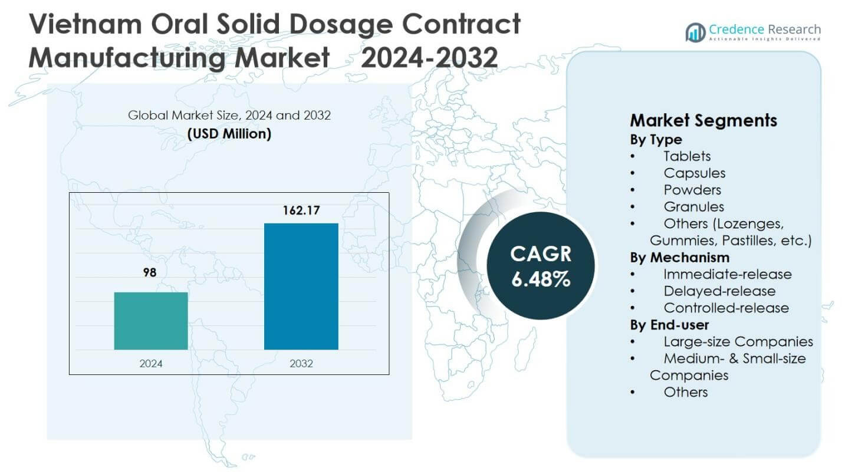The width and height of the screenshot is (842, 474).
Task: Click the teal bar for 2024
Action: tap(151, 321)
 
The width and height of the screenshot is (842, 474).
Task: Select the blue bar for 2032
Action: tap(301, 287)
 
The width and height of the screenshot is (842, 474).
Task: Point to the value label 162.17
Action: tap(301, 210)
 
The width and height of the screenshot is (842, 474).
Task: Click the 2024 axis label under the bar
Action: tap(151, 363)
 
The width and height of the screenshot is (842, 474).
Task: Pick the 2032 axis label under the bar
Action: tap(301, 363)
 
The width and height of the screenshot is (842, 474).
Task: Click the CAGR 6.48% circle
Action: tap(540, 266)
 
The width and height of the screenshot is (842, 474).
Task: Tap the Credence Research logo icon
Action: tap(696, 32)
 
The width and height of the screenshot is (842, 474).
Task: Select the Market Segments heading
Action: tap(703, 121)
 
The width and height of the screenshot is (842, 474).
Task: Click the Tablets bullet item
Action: tap(687, 156)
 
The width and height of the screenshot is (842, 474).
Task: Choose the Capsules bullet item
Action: tap(694, 173)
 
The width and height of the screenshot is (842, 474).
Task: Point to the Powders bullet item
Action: tap(692, 190)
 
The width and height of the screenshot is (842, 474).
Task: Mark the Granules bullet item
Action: tap(693, 207)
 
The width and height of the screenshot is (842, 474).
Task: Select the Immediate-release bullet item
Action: tap(728, 274)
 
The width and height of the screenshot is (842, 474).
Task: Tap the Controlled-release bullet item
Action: tap(726, 308)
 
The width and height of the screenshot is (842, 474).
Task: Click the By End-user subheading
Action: tap(670, 325)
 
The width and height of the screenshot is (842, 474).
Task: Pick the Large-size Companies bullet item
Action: tap(738, 342)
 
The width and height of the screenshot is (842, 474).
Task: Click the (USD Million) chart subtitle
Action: tap(229, 134)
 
